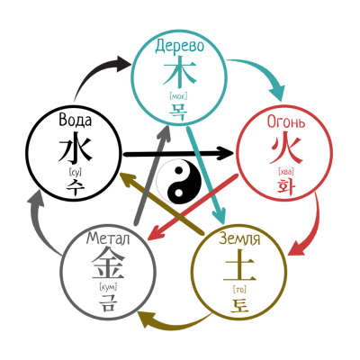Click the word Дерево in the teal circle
179,46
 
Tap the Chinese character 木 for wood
179,72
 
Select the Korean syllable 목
178,112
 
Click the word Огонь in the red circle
286,122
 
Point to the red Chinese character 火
285,149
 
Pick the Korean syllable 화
286,186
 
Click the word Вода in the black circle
76,120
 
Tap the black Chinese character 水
75,147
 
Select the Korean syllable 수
75,187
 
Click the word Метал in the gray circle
108,238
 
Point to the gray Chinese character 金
108,264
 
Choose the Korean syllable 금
107,302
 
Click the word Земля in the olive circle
239,238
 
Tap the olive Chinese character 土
239,265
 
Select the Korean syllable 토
239,304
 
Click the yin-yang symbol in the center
179,182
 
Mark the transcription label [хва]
286,172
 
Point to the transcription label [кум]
108,287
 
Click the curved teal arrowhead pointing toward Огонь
276,91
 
